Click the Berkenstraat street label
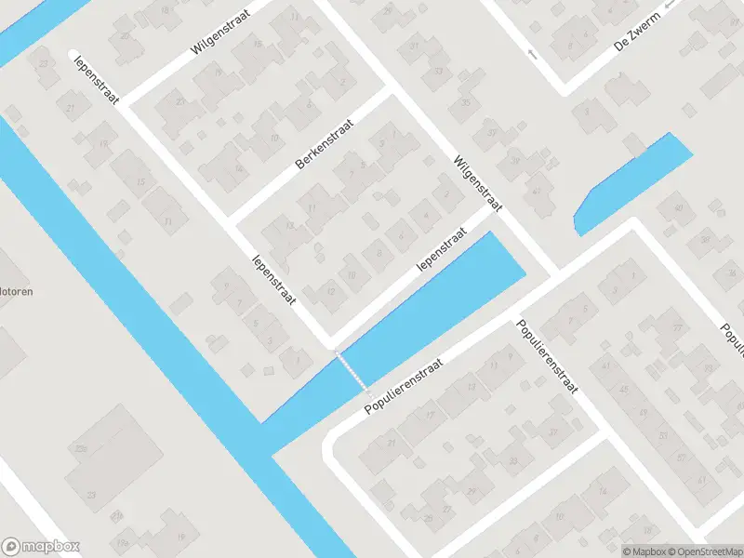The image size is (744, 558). coord(325,144)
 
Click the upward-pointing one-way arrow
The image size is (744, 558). coord(532,53)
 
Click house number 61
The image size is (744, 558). coord(701,480)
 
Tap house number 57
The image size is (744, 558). coord(683,458)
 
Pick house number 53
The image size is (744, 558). coord(663,435)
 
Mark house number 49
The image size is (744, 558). coord(644,412)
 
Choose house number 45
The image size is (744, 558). coord(624,389)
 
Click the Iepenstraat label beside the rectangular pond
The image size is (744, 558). coord(441,250)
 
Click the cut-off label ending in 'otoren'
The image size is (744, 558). coord(17,291)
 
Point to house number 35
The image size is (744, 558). coord(466,102)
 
